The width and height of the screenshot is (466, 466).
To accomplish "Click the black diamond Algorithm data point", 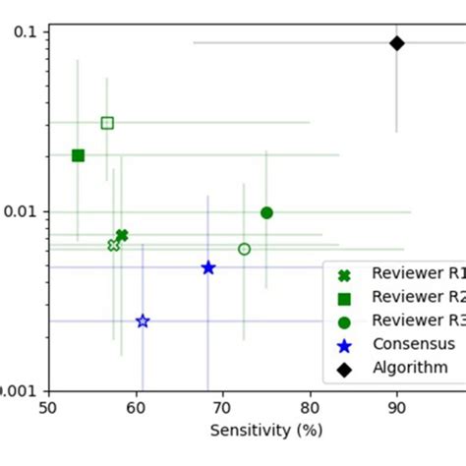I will (396, 43).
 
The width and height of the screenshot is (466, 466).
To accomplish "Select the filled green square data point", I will (78, 155).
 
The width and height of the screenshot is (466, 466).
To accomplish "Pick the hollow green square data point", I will (107, 123).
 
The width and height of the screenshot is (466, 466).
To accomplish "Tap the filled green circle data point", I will (266, 212).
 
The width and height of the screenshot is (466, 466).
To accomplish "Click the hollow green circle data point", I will (244, 249).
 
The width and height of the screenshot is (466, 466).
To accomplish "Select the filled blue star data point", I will (208, 267).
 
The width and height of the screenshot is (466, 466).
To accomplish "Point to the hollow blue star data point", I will (143, 321).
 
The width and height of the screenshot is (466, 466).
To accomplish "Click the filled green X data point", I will (122, 235).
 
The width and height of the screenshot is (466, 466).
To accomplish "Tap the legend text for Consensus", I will (413, 344).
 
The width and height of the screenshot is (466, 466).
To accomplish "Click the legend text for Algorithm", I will (411, 368).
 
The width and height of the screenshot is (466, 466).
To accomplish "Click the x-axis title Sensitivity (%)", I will (265, 431).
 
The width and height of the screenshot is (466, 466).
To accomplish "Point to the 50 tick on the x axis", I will (49, 404).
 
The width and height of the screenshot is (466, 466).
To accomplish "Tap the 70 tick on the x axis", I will (222, 404).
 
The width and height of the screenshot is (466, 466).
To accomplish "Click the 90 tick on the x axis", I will (396, 404).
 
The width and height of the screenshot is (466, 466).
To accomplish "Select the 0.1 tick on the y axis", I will (25, 31).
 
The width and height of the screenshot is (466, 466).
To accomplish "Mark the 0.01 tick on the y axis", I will (21, 211).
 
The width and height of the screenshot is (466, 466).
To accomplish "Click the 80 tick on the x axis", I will (310, 404).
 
